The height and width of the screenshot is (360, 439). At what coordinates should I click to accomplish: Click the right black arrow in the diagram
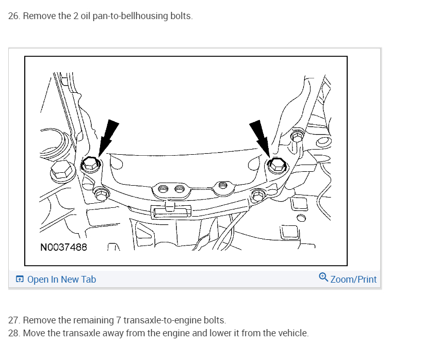pyautogui.click(x=261, y=139)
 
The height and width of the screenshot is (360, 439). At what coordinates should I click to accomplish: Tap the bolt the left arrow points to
pyautogui.click(x=91, y=164)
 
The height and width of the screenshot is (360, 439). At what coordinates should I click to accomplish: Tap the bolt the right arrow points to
pyautogui.click(x=277, y=165)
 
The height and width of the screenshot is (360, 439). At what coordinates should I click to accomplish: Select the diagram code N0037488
pyautogui.click(x=63, y=247)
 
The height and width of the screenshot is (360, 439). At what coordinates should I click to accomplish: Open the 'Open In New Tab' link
pyautogui.click(x=61, y=280)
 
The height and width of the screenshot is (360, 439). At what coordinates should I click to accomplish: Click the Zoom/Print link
pyautogui.click(x=353, y=280)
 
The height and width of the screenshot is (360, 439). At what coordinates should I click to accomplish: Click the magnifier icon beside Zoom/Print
pyautogui.click(x=323, y=277)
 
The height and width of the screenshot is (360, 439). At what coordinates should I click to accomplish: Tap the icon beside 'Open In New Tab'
pyautogui.click(x=20, y=279)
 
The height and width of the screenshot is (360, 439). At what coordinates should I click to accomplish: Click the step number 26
pyautogui.click(x=14, y=16)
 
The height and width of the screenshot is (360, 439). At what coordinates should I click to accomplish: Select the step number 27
pyautogui.click(x=14, y=320)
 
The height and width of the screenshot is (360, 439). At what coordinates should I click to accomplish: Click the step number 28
pyautogui.click(x=14, y=333)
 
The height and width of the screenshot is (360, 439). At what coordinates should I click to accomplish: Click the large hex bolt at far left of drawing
pyautogui.click(x=62, y=171)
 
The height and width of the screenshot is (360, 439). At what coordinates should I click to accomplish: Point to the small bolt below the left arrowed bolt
pyautogui.click(x=101, y=193)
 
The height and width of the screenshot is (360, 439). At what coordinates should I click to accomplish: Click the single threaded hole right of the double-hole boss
pyautogui.click(x=223, y=185)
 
